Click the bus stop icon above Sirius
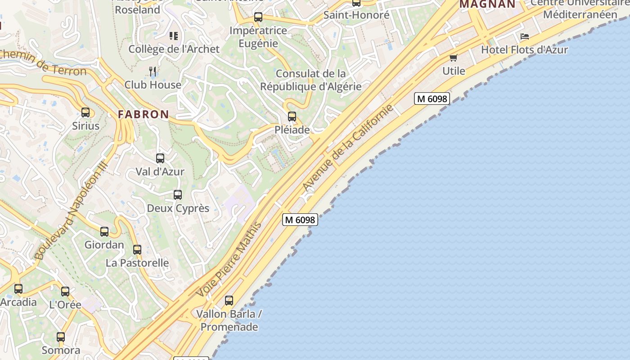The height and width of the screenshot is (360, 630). [85, 112]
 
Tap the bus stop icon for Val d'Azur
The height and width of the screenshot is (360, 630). [160, 158]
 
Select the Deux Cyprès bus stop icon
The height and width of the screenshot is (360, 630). [178, 195]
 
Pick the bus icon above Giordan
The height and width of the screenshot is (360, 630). [104, 232]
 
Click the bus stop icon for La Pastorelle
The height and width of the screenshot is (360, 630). [137, 250]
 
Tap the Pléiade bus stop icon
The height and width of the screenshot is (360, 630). [292, 117]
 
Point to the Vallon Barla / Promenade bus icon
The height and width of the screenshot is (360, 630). [229, 301]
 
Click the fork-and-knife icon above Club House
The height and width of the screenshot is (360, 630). [153, 71]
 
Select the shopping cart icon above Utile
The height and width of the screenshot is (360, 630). [454, 58]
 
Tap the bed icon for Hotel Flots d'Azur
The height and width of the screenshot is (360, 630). [524, 36]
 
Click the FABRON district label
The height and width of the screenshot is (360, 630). [144, 114]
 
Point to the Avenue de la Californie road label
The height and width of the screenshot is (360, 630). [348, 148]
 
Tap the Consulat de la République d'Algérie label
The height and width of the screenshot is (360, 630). [311, 80]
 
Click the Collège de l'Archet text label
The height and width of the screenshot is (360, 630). [174, 49]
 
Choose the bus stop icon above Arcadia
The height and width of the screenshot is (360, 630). [18, 289]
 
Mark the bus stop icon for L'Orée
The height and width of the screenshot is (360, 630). [65, 292]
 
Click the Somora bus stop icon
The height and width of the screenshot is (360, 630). [61, 337]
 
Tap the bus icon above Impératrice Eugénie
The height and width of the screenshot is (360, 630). [258, 18]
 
